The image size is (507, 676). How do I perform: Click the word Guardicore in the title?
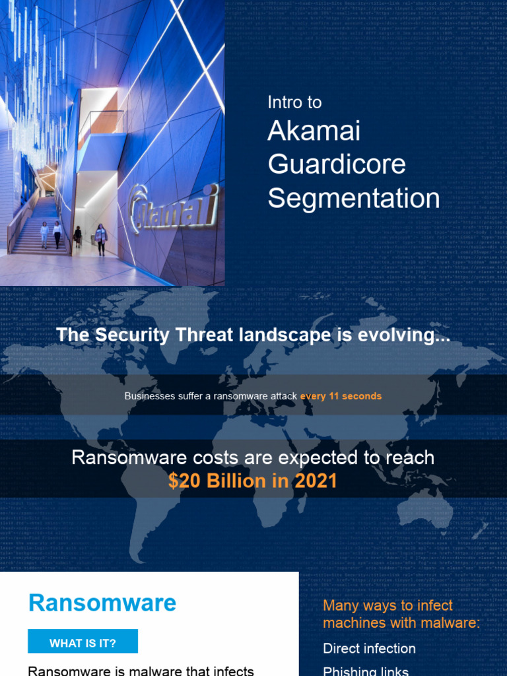[337, 164]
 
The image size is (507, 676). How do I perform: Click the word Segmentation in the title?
[354, 199]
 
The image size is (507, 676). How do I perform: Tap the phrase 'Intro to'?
[294, 102]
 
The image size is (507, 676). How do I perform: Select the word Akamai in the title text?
[314, 131]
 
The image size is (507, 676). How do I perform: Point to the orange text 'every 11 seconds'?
[341, 396]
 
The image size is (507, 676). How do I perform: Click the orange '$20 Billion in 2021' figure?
[252, 481]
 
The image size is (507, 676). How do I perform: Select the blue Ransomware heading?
[102, 603]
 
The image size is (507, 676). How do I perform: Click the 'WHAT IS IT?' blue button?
[83, 643]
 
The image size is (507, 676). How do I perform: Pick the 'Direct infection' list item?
[369, 648]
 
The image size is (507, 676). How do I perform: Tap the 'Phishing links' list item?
[366, 671]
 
